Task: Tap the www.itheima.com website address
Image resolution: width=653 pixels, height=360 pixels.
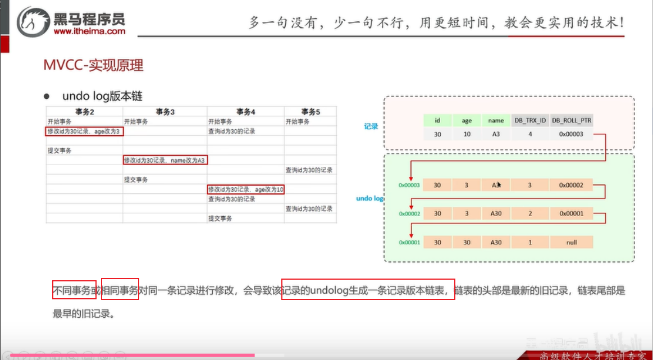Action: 89,32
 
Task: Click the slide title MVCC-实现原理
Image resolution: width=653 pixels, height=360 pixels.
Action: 93,66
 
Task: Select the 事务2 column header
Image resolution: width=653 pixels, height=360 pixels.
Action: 84,112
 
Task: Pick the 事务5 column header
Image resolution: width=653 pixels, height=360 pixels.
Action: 310,112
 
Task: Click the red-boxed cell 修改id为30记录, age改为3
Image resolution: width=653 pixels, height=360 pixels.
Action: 84,131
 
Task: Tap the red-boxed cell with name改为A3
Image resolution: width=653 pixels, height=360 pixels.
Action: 165,160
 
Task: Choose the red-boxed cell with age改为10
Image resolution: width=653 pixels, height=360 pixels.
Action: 246,189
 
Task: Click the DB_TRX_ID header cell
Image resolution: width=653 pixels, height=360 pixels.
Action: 530,120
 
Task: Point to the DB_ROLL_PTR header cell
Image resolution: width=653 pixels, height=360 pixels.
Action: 572,120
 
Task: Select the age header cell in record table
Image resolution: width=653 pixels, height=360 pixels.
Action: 467,120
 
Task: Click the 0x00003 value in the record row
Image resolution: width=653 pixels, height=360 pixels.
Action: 572,134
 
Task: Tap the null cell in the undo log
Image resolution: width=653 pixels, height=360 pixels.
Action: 572,243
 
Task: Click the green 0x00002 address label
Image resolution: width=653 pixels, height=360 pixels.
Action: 409,214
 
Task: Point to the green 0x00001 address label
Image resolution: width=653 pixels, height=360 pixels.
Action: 409,243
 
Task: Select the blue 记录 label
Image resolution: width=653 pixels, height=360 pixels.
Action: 371,126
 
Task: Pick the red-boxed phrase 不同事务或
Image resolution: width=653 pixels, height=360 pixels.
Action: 74,290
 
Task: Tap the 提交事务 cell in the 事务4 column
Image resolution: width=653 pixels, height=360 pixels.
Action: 220,218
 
